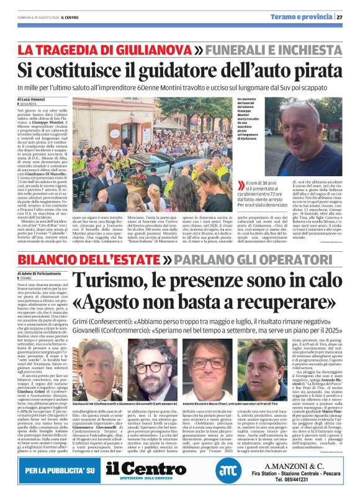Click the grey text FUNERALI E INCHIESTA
coord(271,48)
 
